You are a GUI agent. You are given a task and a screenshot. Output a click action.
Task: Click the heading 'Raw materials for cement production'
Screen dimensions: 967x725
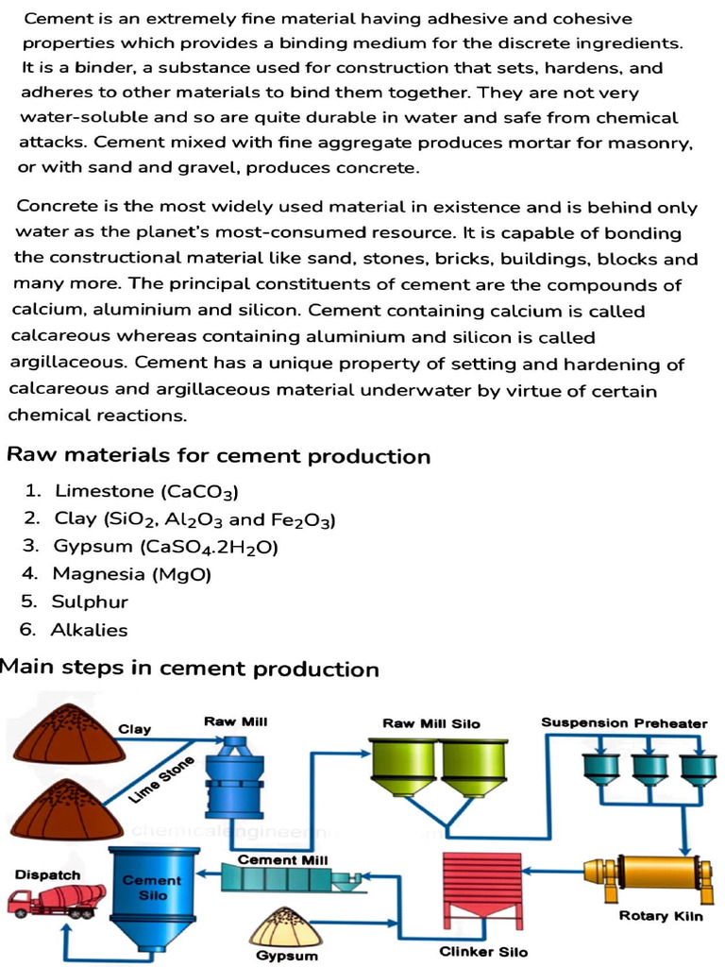pyautogui.click(x=218, y=456)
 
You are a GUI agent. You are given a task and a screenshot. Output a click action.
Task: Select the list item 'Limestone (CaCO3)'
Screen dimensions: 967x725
pyautogui.click(x=146, y=491)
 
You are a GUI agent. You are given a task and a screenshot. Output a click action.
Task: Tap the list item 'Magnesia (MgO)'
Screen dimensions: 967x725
pyautogui.click(x=132, y=574)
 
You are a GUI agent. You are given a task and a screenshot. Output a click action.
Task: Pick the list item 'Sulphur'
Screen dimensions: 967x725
pyautogui.click(x=90, y=602)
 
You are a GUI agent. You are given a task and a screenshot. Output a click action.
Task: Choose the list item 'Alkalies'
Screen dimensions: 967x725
pyautogui.click(x=89, y=630)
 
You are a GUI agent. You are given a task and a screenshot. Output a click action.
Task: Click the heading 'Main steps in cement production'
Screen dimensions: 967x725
pyautogui.click(x=189, y=669)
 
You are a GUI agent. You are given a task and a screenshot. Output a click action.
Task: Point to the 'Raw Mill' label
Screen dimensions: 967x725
pyautogui.click(x=235, y=721)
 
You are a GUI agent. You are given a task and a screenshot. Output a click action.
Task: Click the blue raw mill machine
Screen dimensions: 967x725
pyautogui.click(x=234, y=779)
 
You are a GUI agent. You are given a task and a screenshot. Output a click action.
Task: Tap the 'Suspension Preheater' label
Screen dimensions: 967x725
pyautogui.click(x=624, y=723)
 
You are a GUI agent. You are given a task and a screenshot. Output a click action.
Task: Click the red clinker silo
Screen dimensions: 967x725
pyautogui.click(x=481, y=888)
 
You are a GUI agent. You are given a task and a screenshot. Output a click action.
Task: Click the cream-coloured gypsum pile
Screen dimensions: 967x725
pyautogui.click(x=285, y=927)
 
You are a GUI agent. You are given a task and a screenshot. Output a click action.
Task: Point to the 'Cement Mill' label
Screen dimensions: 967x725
pyautogui.click(x=282, y=860)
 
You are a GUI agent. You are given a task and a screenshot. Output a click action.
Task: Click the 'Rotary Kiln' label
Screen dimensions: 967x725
pyautogui.click(x=661, y=916)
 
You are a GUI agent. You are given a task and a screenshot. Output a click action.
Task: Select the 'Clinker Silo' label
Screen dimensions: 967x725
pyautogui.click(x=484, y=952)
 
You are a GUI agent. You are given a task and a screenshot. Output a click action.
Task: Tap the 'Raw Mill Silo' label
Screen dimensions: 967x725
pyautogui.click(x=430, y=723)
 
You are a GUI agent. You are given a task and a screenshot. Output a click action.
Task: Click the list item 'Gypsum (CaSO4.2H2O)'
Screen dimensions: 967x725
pyautogui.click(x=165, y=547)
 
